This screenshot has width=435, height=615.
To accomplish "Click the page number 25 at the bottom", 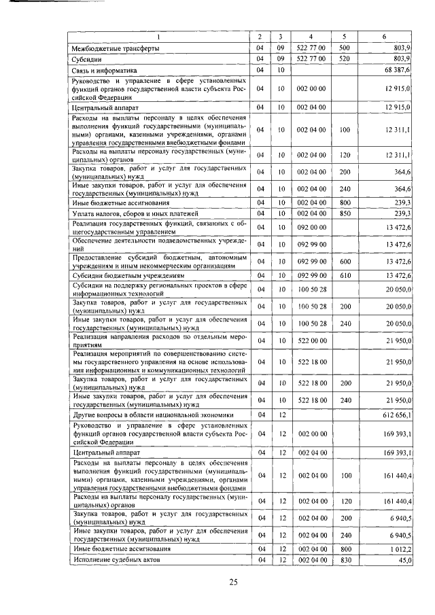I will (x=232, y=582).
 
